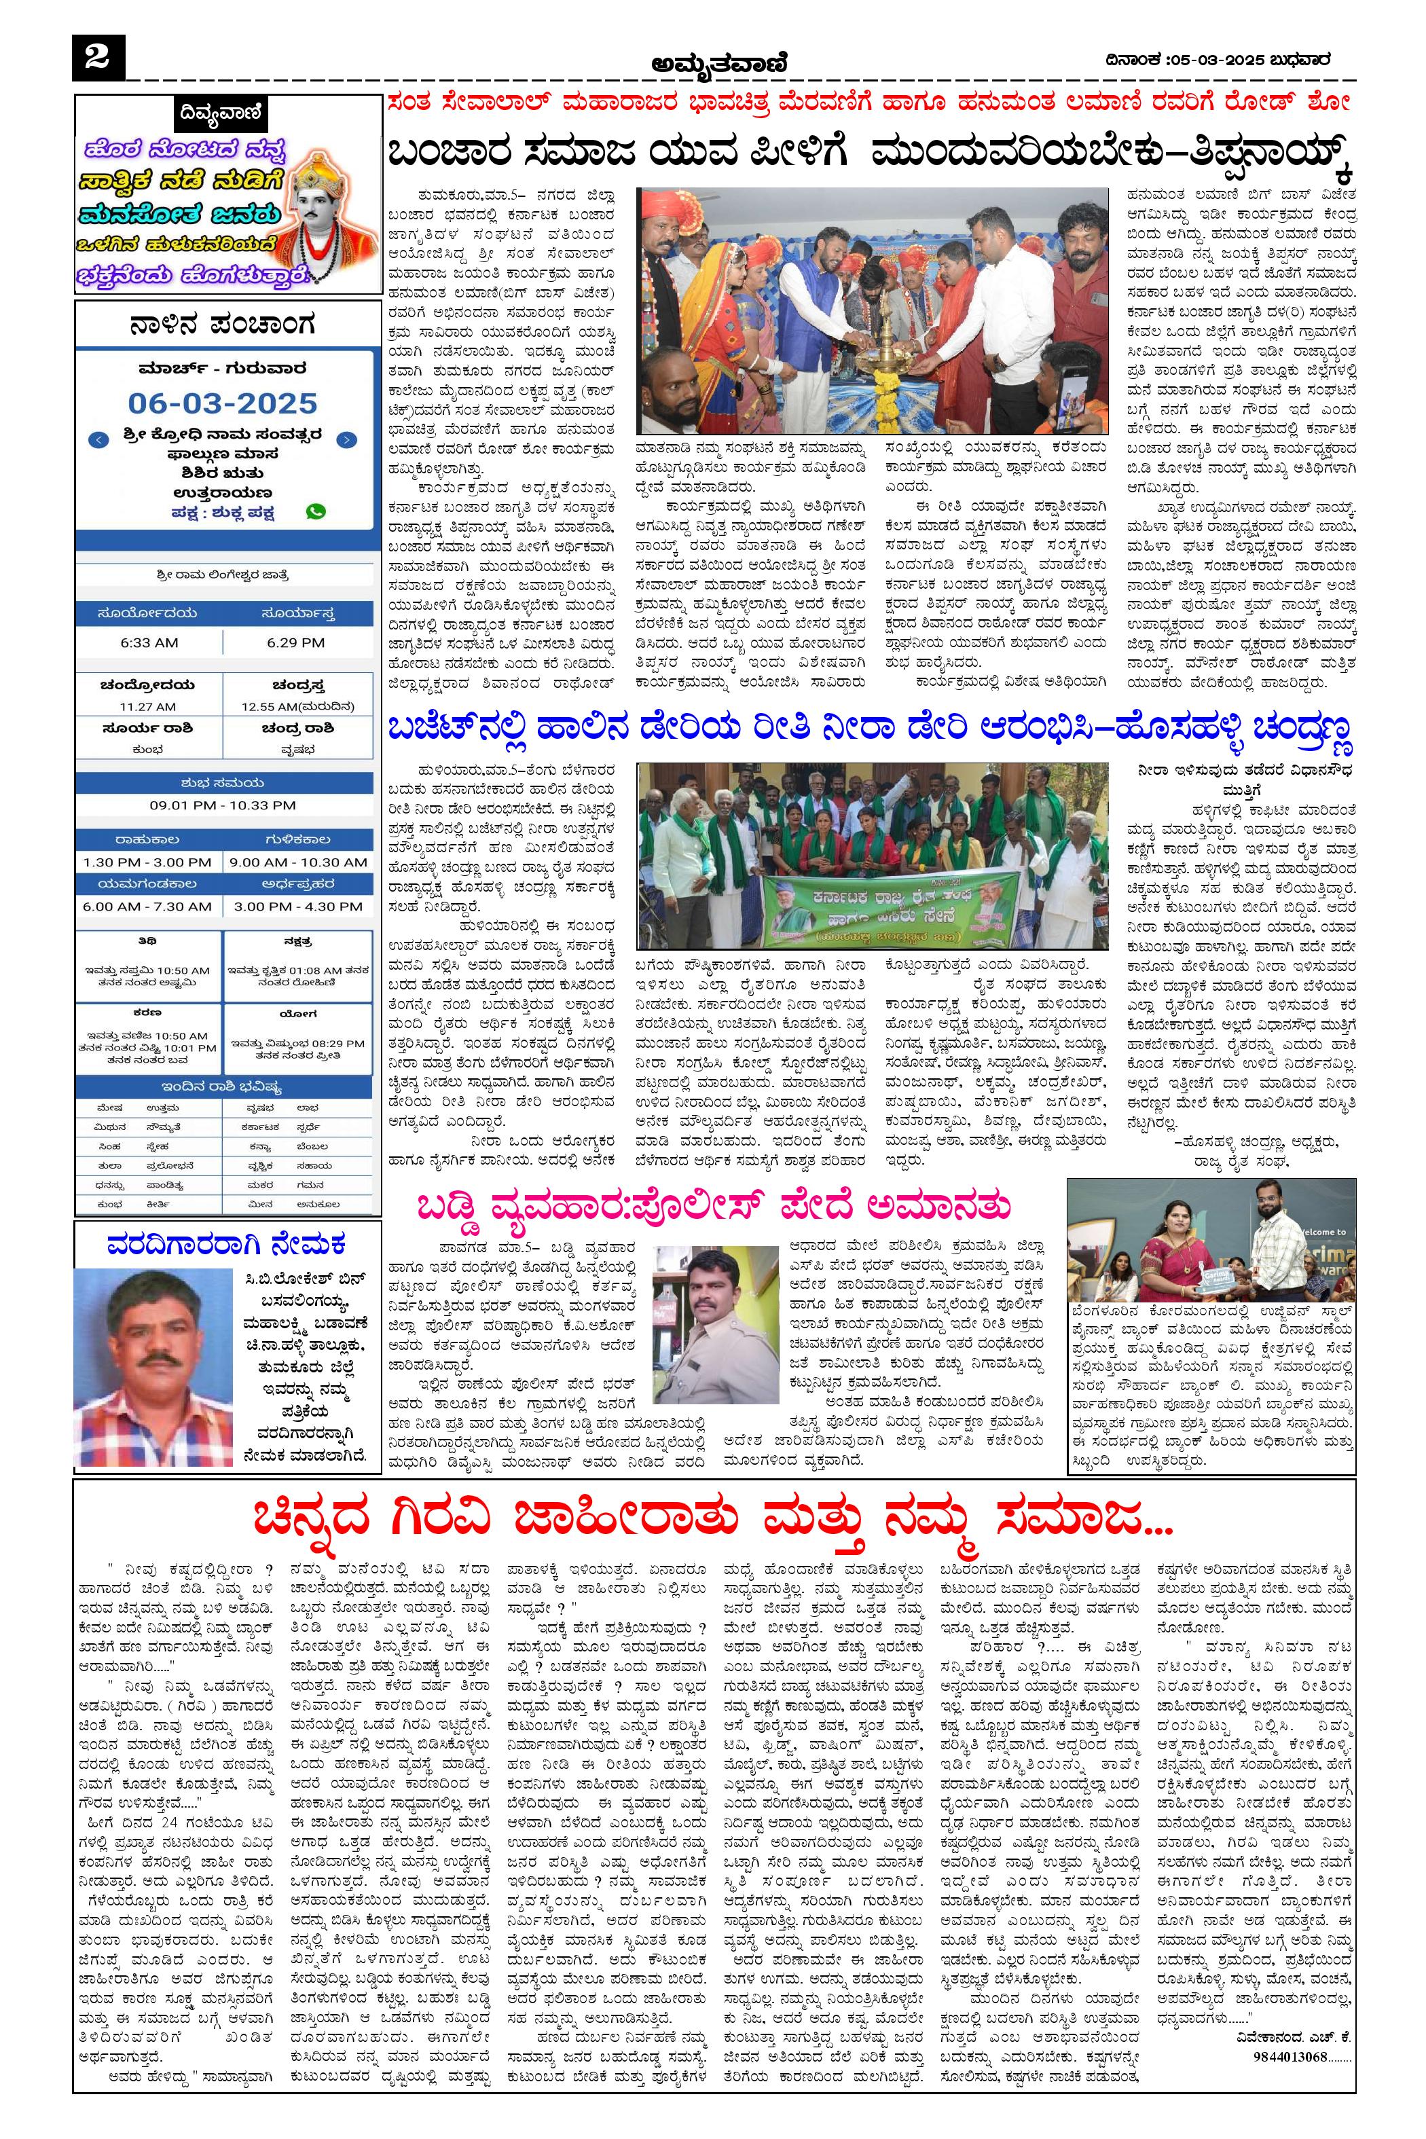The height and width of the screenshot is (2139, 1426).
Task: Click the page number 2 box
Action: tap(96, 58)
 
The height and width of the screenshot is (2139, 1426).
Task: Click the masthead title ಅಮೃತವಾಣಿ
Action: tap(718, 64)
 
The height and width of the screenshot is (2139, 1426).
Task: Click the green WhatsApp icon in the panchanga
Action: tap(316, 511)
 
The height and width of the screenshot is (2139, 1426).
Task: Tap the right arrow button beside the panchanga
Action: tap(346, 440)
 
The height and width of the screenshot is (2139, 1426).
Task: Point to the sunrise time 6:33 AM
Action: tap(149, 642)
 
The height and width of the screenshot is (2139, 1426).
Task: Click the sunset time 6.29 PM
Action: tap(297, 642)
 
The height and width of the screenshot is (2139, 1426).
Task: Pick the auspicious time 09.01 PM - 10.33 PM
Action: tap(223, 805)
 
